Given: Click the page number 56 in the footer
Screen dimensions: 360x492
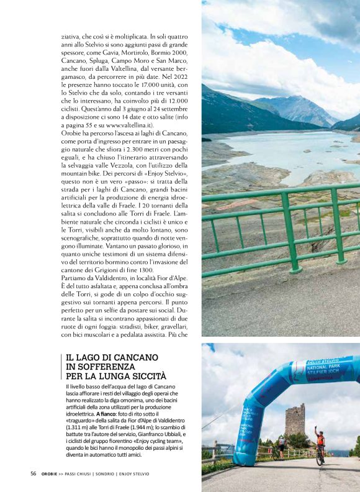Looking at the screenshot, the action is (x=34, y=473).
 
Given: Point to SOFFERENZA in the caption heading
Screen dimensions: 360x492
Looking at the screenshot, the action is (x=117, y=367).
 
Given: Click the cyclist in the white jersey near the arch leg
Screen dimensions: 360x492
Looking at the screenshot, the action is (x=281, y=447).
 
